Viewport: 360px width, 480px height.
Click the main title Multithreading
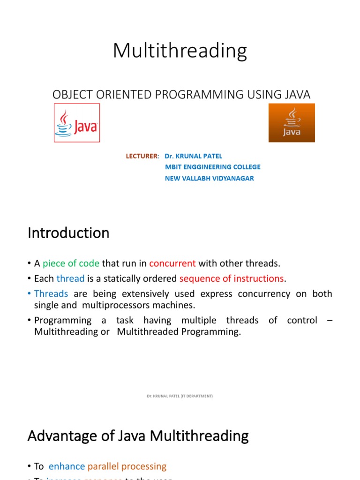coord(180,51)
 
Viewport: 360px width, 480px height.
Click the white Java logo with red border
coord(77,123)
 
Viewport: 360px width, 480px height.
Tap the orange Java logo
coord(291,123)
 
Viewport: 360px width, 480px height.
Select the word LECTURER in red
coord(142,156)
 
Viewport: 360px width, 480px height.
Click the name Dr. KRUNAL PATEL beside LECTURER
coord(194,156)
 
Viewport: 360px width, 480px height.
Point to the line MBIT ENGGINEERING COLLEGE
coord(212,167)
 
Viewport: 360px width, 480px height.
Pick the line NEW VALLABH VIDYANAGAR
coord(209,178)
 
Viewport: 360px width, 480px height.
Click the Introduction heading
coord(68,233)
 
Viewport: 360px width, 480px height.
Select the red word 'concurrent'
coord(172,263)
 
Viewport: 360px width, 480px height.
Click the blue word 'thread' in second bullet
coord(70,278)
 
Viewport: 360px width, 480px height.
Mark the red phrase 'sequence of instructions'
coord(232,278)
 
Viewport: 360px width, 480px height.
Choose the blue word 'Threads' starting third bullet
coord(51,294)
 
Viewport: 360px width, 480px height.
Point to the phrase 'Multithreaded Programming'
coord(179,331)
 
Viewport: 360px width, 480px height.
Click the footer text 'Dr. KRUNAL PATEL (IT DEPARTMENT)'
coord(180,396)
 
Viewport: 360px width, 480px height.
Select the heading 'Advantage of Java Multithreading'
coord(138,436)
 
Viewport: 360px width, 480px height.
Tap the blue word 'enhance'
coord(67,466)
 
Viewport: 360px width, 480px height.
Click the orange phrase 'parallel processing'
coord(127,466)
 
